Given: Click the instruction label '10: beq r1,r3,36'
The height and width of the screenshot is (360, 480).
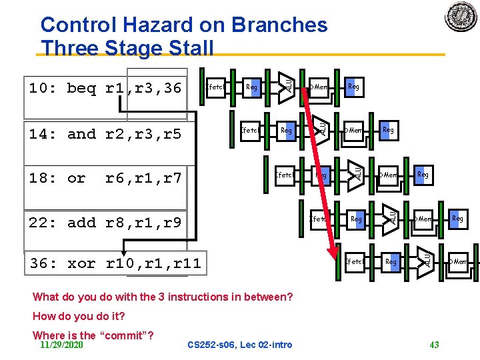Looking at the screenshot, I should point(105,88).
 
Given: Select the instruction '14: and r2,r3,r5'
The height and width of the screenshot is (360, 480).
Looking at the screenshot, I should point(105,134).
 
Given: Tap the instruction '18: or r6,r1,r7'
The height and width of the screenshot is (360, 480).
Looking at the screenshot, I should point(105,179).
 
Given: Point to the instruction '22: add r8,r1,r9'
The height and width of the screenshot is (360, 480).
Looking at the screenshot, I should point(105,223).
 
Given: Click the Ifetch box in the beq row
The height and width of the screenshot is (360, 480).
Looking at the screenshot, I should point(215,87).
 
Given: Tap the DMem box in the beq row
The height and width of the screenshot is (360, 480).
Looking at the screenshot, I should point(319,87).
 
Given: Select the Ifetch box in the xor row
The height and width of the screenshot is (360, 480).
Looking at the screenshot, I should point(354,262).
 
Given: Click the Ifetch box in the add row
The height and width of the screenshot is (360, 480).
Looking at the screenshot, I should point(319,219).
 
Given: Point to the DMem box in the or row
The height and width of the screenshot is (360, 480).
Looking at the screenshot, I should point(388,175).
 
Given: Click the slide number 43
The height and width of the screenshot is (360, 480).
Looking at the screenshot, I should point(434,345).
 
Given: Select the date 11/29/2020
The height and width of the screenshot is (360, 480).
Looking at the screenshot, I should point(61,345).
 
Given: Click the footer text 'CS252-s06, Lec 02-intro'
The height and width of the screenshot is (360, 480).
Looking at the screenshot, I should point(240,345).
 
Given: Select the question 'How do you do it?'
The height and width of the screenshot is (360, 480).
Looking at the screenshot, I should point(79,316).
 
